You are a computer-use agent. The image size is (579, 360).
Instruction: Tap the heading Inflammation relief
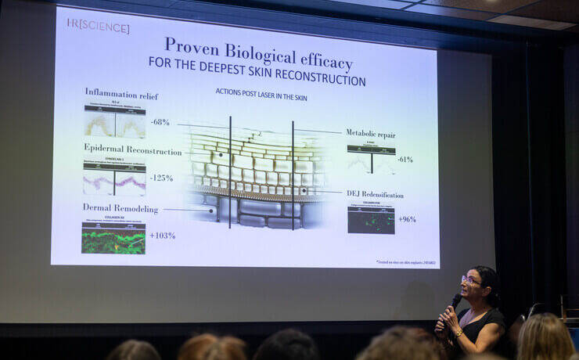click(x=121, y=95)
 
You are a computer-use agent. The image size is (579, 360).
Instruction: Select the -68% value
click(x=160, y=122)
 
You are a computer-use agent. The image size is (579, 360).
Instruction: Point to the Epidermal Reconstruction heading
click(x=132, y=150)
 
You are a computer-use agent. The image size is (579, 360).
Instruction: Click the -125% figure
click(x=162, y=178)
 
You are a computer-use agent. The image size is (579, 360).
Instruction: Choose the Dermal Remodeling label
click(x=120, y=208)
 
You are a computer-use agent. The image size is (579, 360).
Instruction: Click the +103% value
click(x=162, y=235)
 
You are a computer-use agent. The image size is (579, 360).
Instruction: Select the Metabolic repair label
click(x=370, y=134)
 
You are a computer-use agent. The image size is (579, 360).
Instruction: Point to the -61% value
click(x=405, y=159)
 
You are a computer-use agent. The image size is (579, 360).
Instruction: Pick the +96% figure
click(x=406, y=219)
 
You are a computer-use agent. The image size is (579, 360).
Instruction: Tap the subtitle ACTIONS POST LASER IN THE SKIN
click(x=262, y=92)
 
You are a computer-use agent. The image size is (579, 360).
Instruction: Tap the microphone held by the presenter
click(x=455, y=301)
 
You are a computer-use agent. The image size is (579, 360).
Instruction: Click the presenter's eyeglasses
click(x=471, y=279)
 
